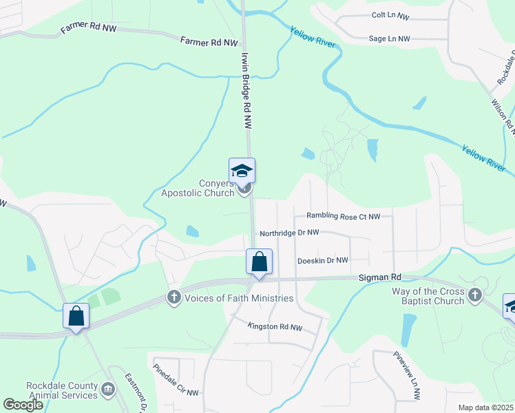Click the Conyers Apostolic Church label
[x=198, y=188]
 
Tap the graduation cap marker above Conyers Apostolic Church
[x=242, y=170]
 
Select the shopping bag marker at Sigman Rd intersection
[x=259, y=262]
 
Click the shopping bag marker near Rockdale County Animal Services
[x=76, y=317]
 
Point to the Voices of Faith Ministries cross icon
[x=174, y=297]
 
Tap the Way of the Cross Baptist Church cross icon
[x=474, y=296]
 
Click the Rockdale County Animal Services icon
[x=108, y=390]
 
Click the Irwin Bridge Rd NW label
[x=246, y=90]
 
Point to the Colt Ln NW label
[x=390, y=15]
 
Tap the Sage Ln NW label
[x=389, y=39]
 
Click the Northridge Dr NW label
[x=289, y=233]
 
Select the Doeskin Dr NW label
[x=322, y=260]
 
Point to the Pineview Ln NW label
[x=407, y=376]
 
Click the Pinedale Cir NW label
[x=176, y=379]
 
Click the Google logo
[x=23, y=405]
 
